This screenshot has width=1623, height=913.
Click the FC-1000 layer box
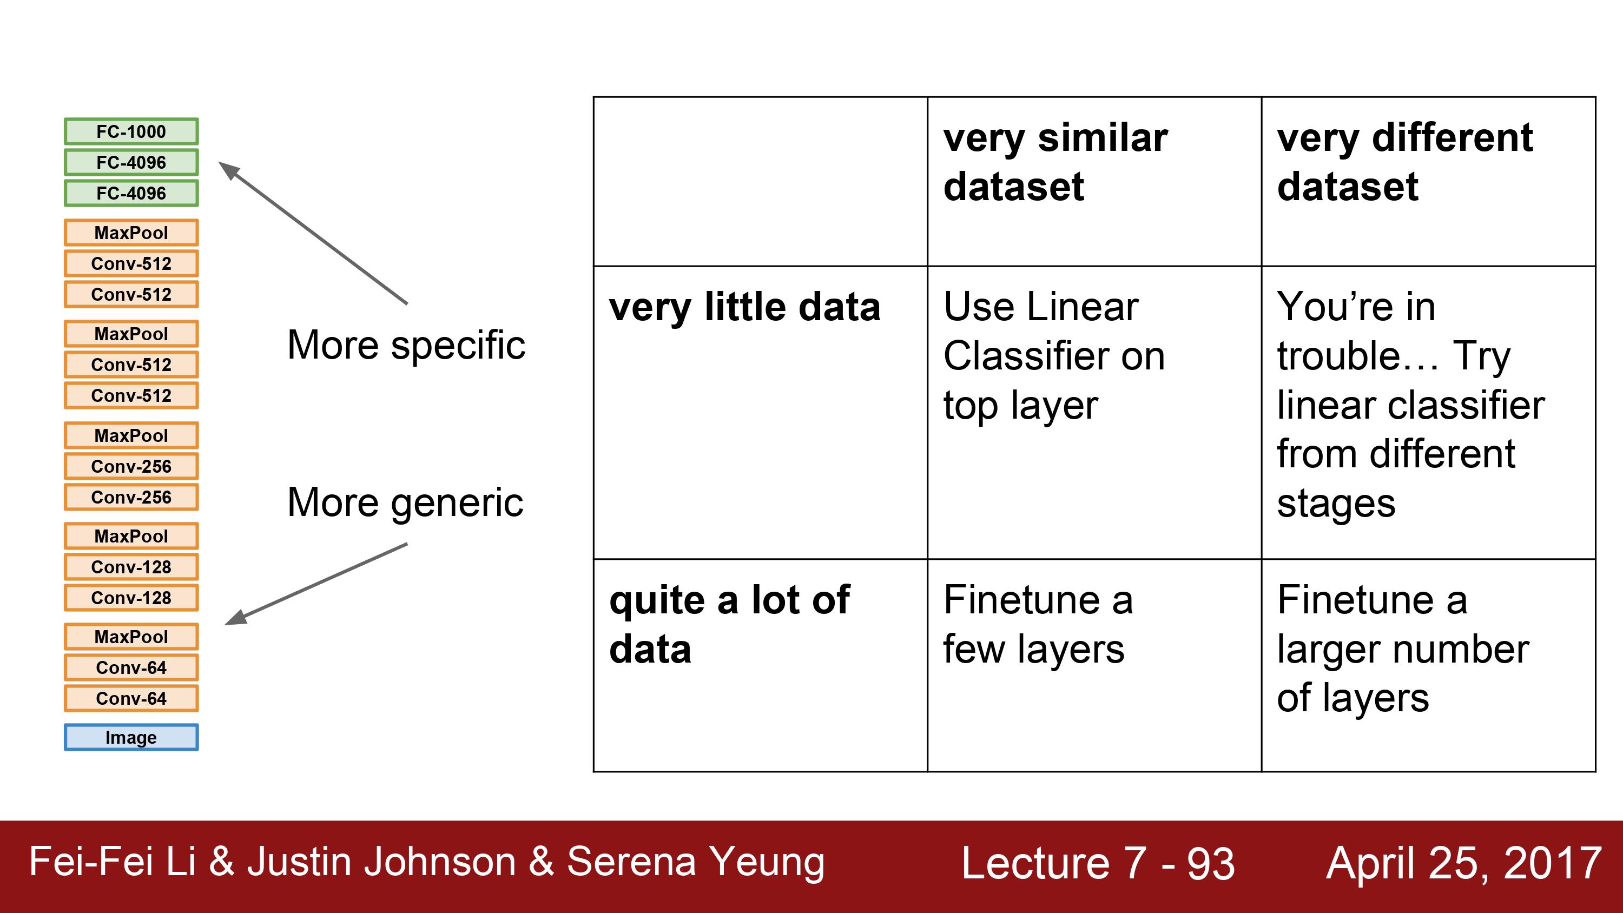click(x=131, y=131)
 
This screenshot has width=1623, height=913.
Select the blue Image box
click(x=131, y=737)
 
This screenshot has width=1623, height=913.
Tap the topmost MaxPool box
click(x=131, y=233)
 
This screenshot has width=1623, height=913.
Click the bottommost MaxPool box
click(x=131, y=637)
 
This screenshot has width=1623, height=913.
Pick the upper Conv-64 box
click(x=131, y=667)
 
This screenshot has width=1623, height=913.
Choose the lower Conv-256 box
click(x=131, y=497)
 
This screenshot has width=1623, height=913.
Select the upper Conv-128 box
click(x=131, y=566)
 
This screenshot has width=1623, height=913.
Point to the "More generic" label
click(x=405, y=503)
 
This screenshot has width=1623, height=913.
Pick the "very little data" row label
click(x=745, y=307)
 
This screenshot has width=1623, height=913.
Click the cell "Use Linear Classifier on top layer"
click(x=1054, y=356)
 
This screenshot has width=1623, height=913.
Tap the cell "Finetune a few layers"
click(x=1038, y=624)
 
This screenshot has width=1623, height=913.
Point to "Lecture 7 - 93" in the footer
click(x=1098, y=863)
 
